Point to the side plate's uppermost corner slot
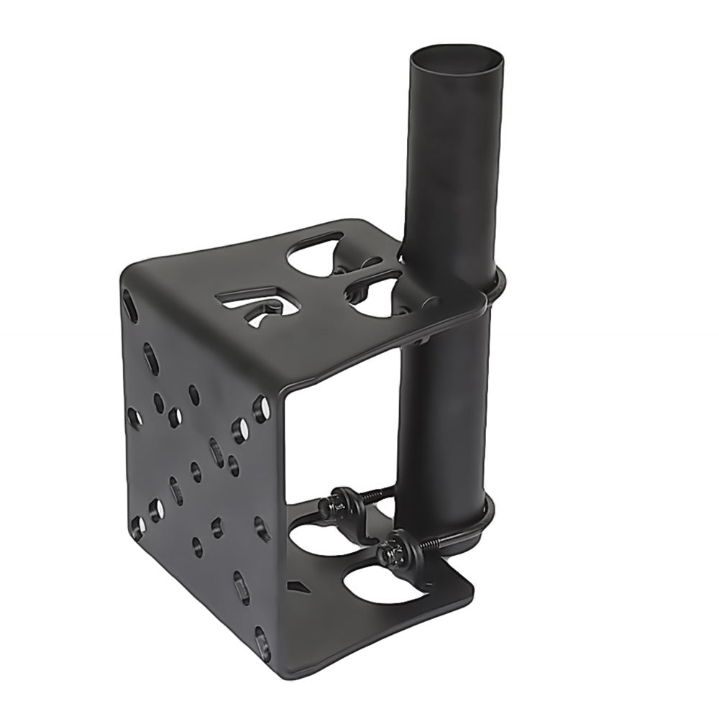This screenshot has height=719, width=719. tap(130, 307)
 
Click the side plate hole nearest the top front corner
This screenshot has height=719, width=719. tap(260, 409)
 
